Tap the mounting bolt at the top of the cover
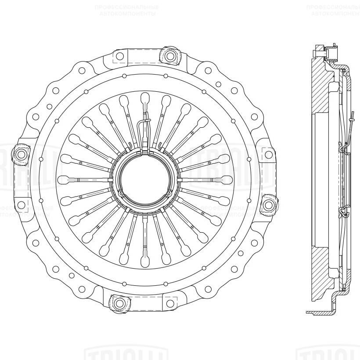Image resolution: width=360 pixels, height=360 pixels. coord(169,55)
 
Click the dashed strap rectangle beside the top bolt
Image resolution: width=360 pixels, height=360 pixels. coord(138,56)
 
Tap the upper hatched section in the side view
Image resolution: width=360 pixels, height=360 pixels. coord(322,88)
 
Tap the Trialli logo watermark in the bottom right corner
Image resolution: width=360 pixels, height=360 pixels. coord(329,353)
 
